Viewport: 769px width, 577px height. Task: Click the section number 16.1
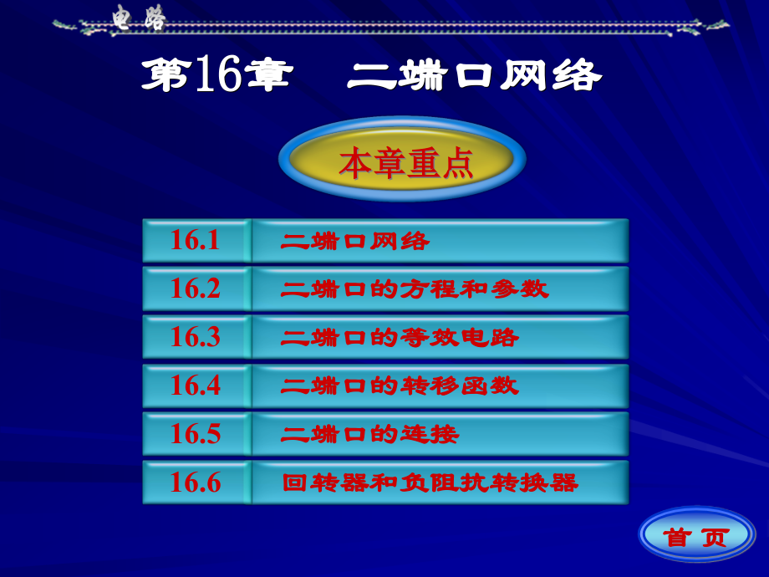click(x=196, y=241)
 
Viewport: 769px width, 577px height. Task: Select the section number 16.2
click(x=196, y=288)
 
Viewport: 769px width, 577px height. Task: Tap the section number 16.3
click(x=196, y=337)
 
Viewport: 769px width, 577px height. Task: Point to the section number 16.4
click(x=196, y=386)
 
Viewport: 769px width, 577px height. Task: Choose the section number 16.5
click(x=196, y=434)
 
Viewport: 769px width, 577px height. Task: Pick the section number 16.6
click(x=196, y=483)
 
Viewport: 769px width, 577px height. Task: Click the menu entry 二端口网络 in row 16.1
click(x=356, y=242)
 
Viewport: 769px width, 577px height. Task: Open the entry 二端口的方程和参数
click(x=415, y=289)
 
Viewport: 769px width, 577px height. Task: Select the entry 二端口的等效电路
click(x=400, y=338)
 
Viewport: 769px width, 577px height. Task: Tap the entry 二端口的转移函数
click(x=400, y=386)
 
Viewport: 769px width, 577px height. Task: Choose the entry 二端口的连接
click(x=371, y=434)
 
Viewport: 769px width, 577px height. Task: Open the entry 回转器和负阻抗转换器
click(x=430, y=483)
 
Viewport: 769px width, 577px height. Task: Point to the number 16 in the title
click(x=218, y=76)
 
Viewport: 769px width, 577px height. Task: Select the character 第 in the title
click(x=166, y=76)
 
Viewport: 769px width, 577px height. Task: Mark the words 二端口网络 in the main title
click(x=474, y=76)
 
